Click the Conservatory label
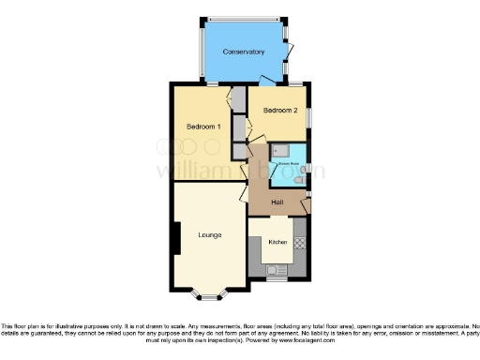pos(243,52)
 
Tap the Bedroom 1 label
pos(202,127)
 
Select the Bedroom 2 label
pos(279,111)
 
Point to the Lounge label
pos(209,234)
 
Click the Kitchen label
pos(277,242)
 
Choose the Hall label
pos(277,202)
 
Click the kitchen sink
pos(274,269)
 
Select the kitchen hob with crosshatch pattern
pos(300,244)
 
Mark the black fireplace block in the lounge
pos(174,238)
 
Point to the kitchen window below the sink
pos(274,279)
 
